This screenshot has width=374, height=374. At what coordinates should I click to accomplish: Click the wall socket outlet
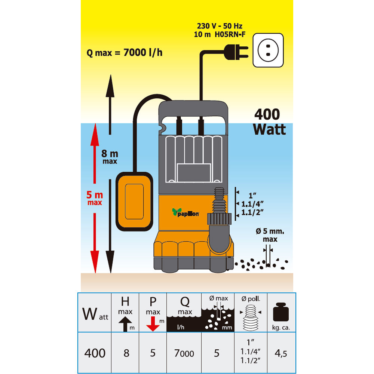click(x=268, y=50)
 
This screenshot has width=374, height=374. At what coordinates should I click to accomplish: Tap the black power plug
click(x=236, y=52)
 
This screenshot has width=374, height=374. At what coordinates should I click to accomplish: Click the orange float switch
click(x=134, y=202)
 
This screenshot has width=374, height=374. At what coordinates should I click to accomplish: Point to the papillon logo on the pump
click(x=186, y=212)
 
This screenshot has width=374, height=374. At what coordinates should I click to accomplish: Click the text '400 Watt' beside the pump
click(x=269, y=122)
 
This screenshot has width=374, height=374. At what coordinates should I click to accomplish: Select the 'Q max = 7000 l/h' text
click(x=125, y=52)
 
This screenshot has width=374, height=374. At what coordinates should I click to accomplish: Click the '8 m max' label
click(x=110, y=157)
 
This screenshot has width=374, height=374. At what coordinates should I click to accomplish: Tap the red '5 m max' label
click(x=95, y=198)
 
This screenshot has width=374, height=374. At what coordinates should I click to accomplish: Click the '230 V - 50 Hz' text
click(x=220, y=26)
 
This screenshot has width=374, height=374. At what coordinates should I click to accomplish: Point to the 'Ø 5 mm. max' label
click(x=270, y=235)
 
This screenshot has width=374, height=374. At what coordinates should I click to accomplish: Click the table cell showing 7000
click(x=184, y=353)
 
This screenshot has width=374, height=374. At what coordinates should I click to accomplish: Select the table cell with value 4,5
click(x=282, y=353)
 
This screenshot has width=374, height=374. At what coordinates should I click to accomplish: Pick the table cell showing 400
click(x=95, y=353)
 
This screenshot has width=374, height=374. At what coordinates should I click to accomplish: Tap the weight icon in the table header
click(x=281, y=312)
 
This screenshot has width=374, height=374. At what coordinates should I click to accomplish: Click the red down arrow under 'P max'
click(x=153, y=324)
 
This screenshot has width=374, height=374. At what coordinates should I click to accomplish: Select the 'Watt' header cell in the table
click(x=95, y=312)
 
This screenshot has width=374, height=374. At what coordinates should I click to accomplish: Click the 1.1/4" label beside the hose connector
click(x=252, y=204)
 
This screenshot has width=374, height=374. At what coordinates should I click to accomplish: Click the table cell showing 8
click(x=126, y=353)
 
